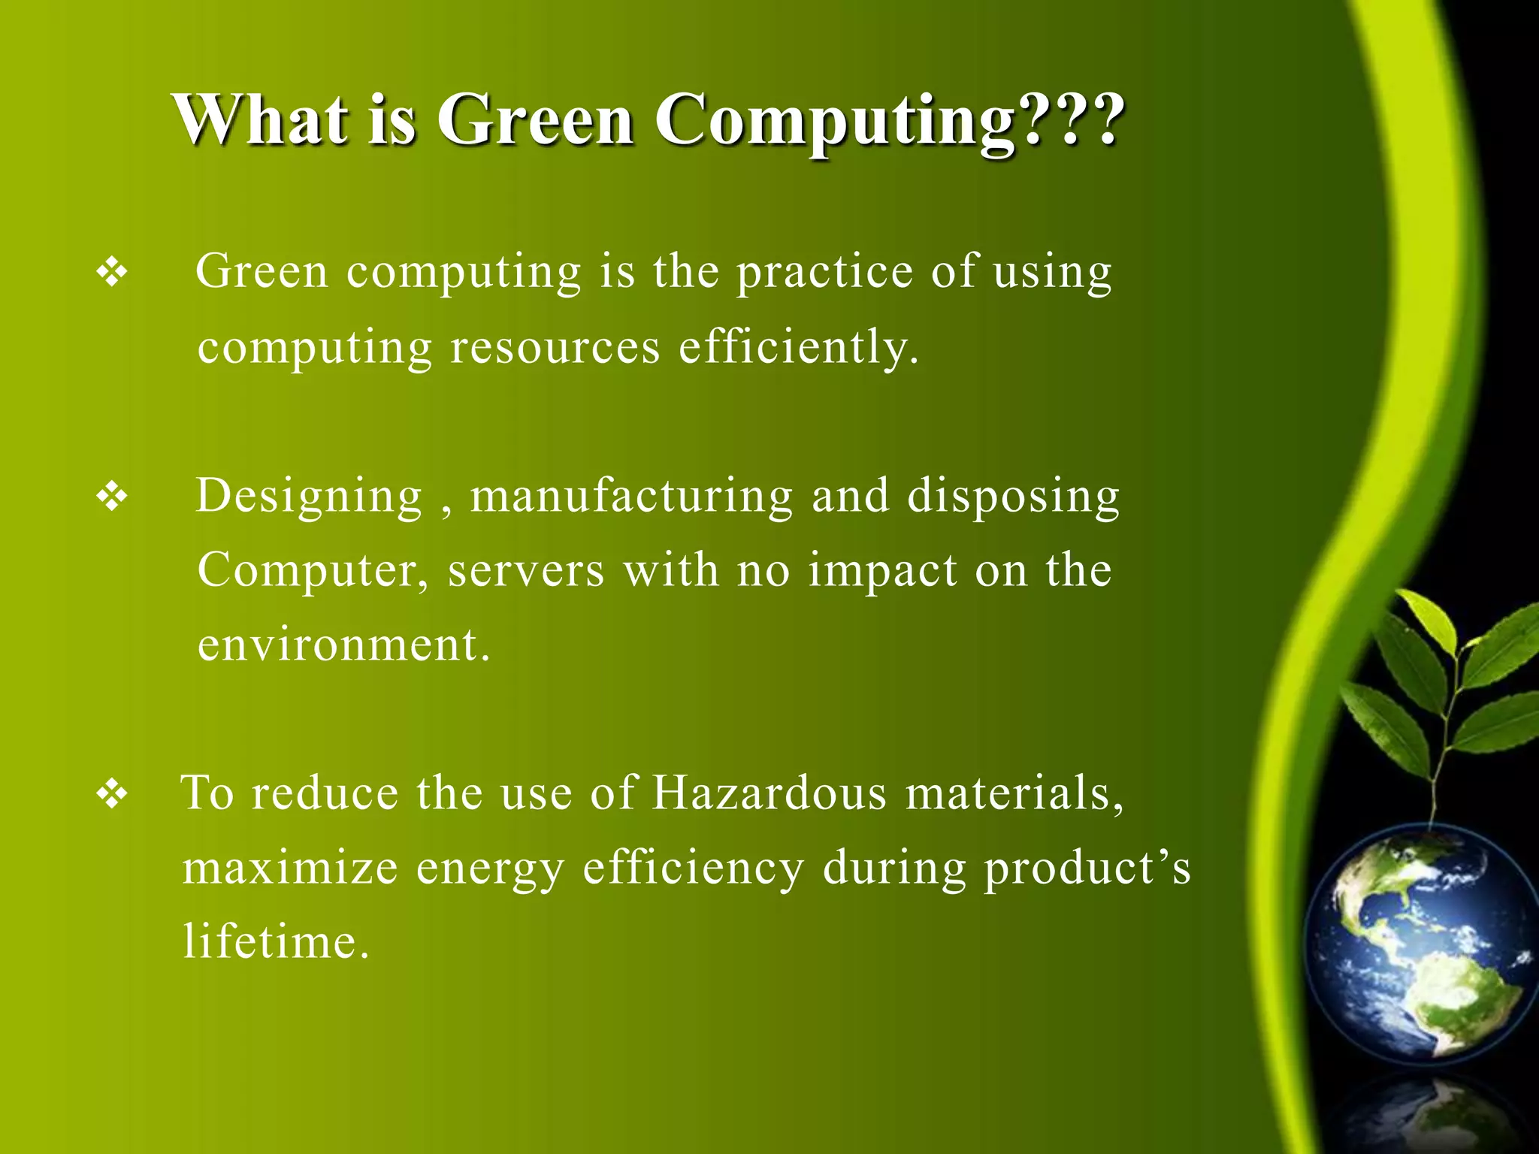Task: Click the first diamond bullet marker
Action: click(x=112, y=272)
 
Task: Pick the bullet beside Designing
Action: click(x=112, y=497)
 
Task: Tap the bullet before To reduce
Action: click(x=112, y=794)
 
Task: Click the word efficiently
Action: click(x=798, y=348)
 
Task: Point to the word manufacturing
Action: click(x=631, y=497)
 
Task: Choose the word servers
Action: click(x=526, y=571)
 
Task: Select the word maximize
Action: click(x=290, y=869)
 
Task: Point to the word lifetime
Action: click(x=276, y=942)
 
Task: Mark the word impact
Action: click(x=883, y=571)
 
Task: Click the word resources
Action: click(x=555, y=348)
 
